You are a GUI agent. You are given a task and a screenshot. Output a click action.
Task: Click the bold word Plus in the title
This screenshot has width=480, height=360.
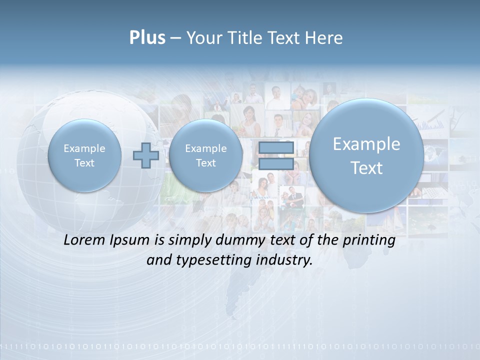pyautogui.click(x=147, y=38)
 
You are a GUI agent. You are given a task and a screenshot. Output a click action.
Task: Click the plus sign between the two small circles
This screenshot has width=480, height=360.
pyautogui.click(x=146, y=155)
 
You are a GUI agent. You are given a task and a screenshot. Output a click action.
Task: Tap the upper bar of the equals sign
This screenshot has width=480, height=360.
pyautogui.click(x=276, y=147)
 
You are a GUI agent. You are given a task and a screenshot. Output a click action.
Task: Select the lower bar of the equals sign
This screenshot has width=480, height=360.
pyautogui.click(x=276, y=164)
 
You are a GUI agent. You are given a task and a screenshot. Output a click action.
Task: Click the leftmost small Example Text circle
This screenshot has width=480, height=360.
pyautogui.click(x=84, y=155)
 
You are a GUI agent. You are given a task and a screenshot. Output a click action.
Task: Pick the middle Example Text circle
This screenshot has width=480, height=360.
pyautogui.click(x=205, y=155)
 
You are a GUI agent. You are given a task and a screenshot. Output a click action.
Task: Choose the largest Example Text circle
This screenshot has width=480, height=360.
pyautogui.click(x=366, y=155)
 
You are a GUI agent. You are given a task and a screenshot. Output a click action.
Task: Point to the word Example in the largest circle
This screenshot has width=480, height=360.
pyautogui.click(x=366, y=144)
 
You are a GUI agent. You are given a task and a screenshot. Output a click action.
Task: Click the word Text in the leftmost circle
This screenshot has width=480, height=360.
pyautogui.click(x=84, y=163)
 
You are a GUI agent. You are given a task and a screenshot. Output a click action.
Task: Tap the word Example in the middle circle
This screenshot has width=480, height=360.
pyautogui.click(x=205, y=148)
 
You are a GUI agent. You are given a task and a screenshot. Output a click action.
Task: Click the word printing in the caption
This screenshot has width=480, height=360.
pyautogui.click(x=368, y=240)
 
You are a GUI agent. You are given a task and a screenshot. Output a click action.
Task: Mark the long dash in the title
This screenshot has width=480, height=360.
pyautogui.click(x=175, y=38)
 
